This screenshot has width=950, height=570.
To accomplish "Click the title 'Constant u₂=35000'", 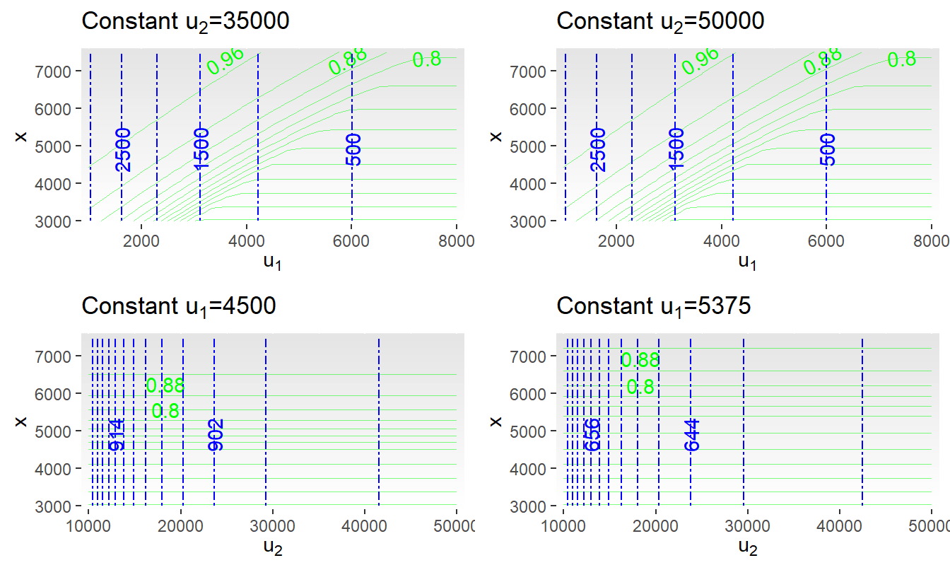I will coord(185,22).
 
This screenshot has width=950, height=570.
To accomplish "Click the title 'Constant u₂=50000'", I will coord(660,22).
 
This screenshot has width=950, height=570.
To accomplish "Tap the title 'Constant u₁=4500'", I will coord(179,306).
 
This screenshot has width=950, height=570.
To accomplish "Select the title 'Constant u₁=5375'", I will coord(654,306).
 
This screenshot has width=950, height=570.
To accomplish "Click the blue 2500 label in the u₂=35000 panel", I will coord(123,149).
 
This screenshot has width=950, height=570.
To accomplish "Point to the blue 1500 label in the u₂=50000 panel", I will coord(676,149).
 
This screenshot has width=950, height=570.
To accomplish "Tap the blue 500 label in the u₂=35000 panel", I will coord(353,149).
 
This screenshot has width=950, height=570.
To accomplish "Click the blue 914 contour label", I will coord(117,434).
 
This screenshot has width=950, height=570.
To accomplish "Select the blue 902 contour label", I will coord(216,434).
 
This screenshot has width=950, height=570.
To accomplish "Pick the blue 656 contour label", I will coord(592,434).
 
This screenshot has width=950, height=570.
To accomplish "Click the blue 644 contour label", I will coord(692,434).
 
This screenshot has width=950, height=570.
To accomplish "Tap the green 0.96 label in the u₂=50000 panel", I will coord(700,61).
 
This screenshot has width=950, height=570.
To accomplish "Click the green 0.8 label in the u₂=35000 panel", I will coord(427,59).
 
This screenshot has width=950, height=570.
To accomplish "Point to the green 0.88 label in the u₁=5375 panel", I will coord(640,361).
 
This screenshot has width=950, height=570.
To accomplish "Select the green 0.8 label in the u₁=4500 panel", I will coord(165,411).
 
